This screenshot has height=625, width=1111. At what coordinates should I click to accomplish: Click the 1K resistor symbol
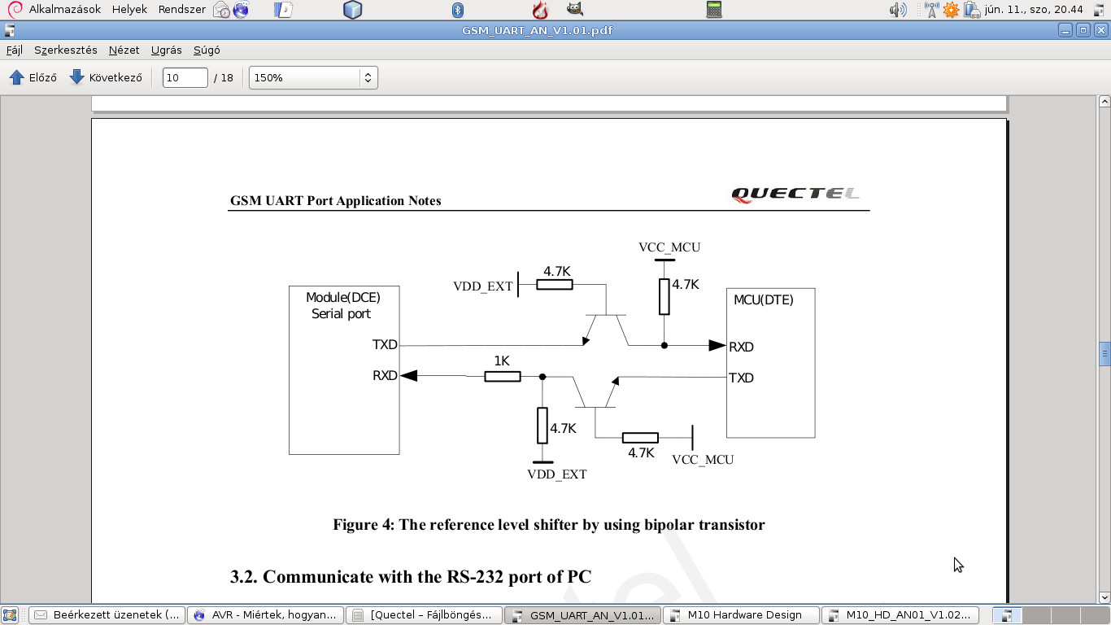click(503, 376)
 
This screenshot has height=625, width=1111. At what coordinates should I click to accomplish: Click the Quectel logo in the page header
click(795, 194)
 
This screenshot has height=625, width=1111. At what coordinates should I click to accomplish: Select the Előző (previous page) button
click(33, 78)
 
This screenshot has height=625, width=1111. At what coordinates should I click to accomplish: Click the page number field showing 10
click(185, 78)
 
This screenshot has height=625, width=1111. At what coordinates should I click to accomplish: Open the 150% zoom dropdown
click(313, 78)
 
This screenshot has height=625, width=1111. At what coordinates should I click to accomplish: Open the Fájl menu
click(15, 50)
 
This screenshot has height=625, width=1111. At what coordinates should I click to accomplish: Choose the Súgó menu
click(207, 50)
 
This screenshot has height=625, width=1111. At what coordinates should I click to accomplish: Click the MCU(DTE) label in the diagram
click(763, 300)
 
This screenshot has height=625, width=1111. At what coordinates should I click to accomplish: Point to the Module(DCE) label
click(342, 298)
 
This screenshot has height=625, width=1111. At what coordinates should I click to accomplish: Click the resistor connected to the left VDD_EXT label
click(555, 285)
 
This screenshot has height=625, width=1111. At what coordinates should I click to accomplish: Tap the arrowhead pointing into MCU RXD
click(717, 345)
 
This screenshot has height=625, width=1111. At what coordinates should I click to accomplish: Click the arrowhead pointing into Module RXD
click(409, 376)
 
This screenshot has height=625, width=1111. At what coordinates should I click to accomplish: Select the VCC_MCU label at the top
click(669, 247)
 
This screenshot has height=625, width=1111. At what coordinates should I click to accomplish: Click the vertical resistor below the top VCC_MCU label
click(664, 296)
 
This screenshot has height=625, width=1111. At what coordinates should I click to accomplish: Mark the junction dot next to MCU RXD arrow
click(664, 345)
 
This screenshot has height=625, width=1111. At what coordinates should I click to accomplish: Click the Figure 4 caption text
click(548, 525)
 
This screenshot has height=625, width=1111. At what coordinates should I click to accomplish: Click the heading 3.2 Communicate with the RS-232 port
click(410, 577)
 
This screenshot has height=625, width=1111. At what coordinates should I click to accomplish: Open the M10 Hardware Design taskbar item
click(742, 615)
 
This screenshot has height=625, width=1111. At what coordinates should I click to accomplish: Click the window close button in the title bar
click(1100, 31)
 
